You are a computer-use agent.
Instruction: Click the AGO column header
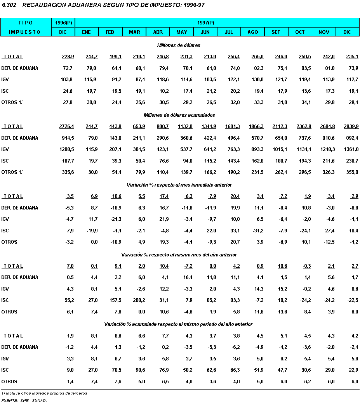(x=252, y=32)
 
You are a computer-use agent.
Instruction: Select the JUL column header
(x=229, y=32)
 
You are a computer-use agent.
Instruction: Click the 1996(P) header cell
(x=63, y=22)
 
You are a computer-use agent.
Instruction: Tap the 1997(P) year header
(x=217, y=22)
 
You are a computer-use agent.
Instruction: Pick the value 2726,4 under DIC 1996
(x=66, y=126)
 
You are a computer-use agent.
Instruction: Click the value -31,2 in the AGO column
(x=256, y=231)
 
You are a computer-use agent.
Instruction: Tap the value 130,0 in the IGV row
(x=257, y=80)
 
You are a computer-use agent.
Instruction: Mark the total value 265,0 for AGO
(x=257, y=57)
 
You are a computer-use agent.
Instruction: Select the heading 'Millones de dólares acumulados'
(x=179, y=115)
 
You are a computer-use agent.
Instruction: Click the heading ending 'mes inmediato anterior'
(x=179, y=185)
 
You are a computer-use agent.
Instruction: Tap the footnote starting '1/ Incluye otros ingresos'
(x=45, y=393)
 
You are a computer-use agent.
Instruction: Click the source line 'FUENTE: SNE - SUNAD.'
(x=24, y=400)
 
